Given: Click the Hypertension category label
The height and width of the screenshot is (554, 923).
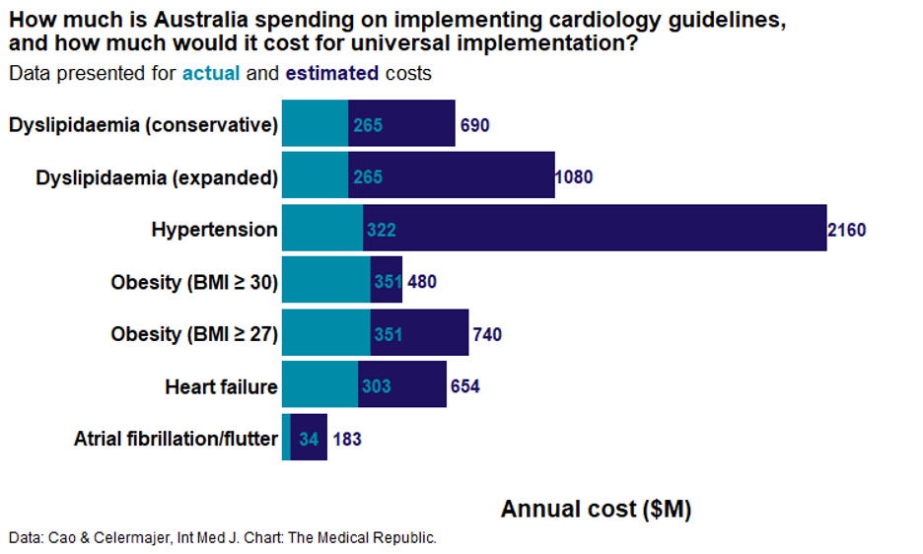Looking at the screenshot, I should point(214,230).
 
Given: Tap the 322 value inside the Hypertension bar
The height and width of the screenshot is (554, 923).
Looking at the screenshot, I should point(381,230).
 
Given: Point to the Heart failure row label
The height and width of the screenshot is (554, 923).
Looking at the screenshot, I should point(221,386).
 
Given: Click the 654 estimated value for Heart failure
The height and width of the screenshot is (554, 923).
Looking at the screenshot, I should point(464,386).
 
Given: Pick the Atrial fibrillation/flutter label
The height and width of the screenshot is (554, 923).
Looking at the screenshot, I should point(176,439).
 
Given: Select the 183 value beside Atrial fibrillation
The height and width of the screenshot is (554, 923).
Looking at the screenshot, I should point(347,439).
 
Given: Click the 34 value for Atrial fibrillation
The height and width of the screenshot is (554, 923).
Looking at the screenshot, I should point(309,439).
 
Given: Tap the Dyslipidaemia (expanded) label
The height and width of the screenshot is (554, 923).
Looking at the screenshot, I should point(157,177).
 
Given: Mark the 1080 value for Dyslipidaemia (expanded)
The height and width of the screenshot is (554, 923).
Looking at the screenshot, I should point(574,177).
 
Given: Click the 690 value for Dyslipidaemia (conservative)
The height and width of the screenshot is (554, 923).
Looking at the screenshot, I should point(474,125).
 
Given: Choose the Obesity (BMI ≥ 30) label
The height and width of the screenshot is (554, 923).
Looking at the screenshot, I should point(194,282).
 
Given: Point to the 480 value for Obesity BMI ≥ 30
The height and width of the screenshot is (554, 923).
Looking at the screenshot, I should point(421,282).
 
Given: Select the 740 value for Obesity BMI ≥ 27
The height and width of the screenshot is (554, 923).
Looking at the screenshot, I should point(487,334).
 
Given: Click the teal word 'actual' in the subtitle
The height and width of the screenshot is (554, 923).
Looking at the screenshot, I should point(211,73).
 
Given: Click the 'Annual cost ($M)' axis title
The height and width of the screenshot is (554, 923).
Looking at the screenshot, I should point(596,509).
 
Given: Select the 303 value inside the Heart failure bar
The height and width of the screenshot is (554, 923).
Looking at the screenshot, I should point(376,386).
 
